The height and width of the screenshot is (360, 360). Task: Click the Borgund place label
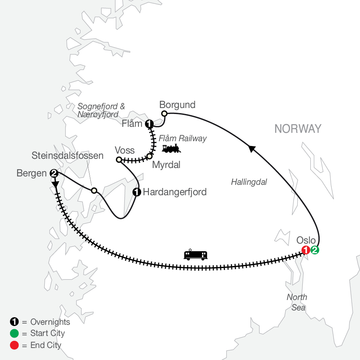(177, 105)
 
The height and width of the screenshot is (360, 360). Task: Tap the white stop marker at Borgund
(164, 114)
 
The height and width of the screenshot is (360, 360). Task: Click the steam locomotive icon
(171, 149)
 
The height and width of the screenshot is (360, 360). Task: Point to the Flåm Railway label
(182, 138)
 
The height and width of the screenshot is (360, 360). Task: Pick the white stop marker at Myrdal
(149, 156)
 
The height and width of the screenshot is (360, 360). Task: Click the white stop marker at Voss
(119, 160)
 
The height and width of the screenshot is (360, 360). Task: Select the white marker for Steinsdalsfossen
(94, 190)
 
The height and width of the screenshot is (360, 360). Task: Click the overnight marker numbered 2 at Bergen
(54, 174)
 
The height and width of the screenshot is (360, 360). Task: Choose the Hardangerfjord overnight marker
(137, 192)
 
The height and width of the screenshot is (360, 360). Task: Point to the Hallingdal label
(249, 182)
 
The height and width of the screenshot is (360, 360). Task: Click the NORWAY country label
(298, 129)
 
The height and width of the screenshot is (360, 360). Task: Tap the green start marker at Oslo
(315, 250)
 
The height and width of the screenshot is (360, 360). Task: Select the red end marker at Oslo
(306, 250)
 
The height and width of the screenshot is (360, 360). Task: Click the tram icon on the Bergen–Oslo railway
(196, 255)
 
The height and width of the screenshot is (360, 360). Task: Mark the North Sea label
(297, 302)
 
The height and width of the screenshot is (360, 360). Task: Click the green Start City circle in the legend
(14, 333)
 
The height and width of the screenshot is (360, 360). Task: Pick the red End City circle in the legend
(14, 345)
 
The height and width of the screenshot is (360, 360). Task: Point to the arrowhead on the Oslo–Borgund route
(252, 149)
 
